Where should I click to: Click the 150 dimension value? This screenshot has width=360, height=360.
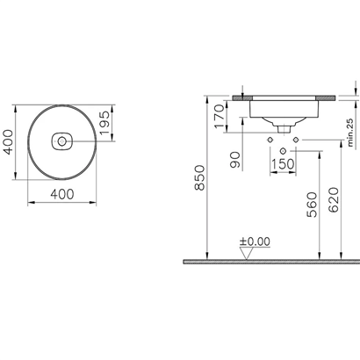coord(282,164)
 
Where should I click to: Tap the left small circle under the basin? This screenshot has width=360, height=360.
coord(267,139)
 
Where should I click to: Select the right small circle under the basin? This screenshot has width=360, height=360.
coord(298,139)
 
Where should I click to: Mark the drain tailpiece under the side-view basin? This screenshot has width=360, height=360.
coord(283,128)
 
